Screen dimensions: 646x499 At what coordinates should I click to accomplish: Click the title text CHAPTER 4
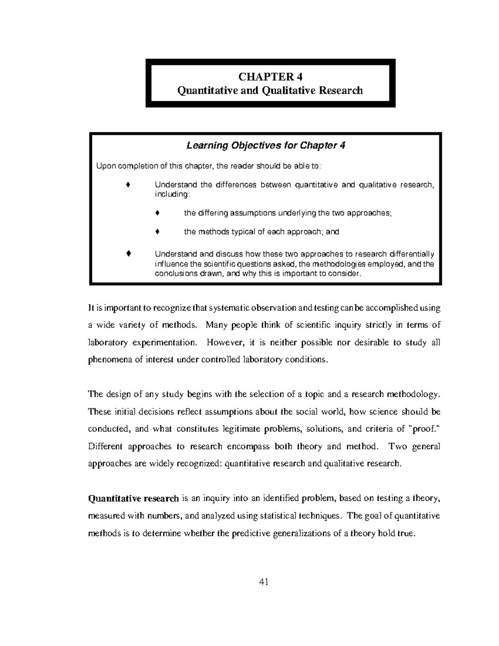(x=270, y=77)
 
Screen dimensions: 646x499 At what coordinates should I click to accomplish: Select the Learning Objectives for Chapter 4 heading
(x=266, y=146)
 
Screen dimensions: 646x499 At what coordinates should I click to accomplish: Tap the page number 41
(x=263, y=582)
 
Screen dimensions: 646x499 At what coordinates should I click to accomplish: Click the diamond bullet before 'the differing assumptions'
(x=157, y=213)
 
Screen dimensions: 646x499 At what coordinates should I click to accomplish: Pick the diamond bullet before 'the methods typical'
(x=157, y=232)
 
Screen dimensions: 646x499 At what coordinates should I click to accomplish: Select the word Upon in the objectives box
(x=104, y=166)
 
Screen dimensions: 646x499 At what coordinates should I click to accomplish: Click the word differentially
(x=412, y=254)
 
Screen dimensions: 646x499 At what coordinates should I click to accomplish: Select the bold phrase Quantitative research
(x=133, y=498)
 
